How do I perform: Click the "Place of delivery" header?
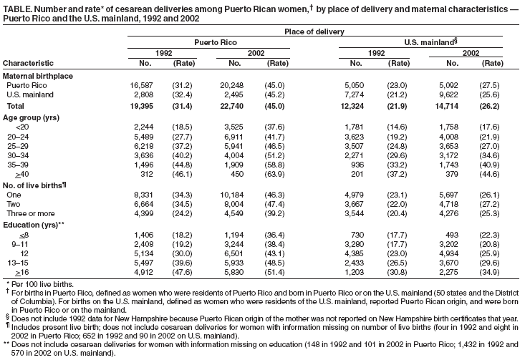coord(314,31)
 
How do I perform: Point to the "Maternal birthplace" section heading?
coord(37,76)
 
